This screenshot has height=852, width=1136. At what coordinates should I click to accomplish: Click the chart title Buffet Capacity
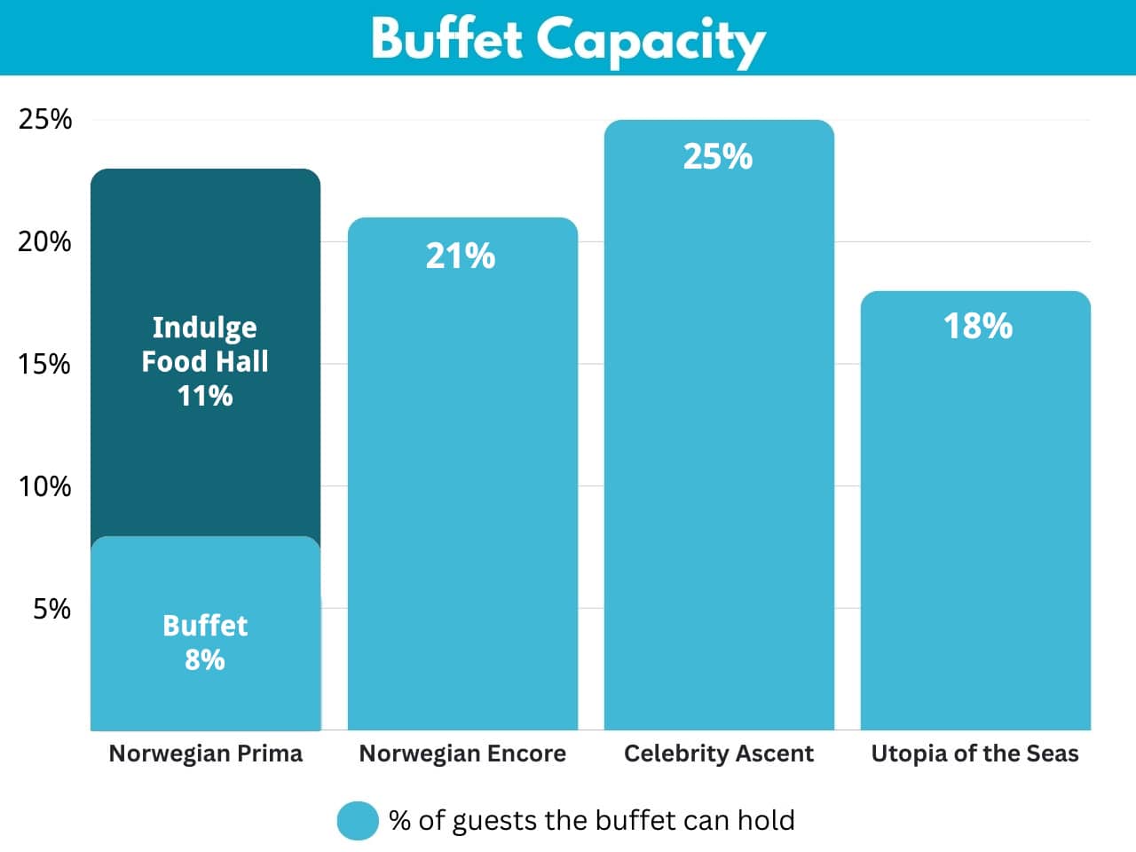(568, 39)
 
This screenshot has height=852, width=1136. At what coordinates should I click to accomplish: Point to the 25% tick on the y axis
(44, 119)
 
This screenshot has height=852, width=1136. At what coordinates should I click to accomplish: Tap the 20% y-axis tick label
(44, 241)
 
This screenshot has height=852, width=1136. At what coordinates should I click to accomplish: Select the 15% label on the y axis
(44, 364)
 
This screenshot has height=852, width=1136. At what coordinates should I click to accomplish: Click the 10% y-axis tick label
(44, 486)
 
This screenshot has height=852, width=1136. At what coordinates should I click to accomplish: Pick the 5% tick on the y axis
(51, 609)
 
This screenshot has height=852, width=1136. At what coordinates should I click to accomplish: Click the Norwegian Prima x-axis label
(205, 753)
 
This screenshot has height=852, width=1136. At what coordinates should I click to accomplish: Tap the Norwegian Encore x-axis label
(462, 753)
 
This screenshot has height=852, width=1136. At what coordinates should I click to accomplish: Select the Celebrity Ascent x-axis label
(719, 753)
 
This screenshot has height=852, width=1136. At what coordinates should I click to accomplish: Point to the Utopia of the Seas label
(974, 753)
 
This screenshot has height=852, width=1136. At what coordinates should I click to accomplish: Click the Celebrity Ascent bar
(719, 444)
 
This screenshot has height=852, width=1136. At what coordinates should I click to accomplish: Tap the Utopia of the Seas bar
(975, 532)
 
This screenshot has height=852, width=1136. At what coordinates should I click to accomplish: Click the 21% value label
(461, 256)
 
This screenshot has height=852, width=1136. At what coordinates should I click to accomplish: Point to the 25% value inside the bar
(718, 157)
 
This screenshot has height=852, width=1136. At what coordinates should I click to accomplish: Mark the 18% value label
(977, 327)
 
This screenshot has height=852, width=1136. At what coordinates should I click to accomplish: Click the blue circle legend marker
(358, 821)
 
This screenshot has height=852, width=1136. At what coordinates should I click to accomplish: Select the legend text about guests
(591, 821)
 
